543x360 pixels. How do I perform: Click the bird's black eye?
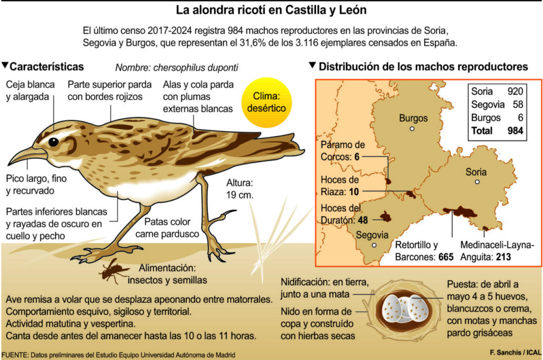point(54,142)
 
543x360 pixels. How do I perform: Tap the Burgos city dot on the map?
point(411,129)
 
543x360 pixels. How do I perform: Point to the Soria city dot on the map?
point(477,182)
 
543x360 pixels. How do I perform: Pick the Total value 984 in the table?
point(514,130)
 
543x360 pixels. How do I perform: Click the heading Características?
point(47,66)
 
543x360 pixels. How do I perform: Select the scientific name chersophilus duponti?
point(177,67)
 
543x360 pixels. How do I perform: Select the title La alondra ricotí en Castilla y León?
point(271,10)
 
